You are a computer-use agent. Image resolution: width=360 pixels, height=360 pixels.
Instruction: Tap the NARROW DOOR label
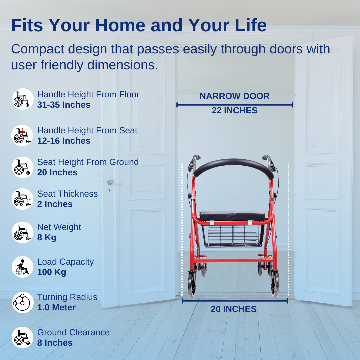point(234,96)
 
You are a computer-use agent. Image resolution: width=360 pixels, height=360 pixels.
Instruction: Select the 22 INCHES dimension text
point(234,110)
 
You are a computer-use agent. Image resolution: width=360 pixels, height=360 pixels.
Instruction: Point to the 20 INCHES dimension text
point(234,309)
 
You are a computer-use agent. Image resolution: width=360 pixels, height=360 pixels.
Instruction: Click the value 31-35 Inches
point(64,105)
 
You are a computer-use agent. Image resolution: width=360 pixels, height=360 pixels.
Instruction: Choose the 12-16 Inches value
point(64,141)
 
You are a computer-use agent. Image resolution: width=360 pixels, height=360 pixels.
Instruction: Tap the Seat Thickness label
point(67,194)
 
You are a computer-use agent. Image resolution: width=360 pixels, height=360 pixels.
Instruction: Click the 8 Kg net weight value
point(47,237)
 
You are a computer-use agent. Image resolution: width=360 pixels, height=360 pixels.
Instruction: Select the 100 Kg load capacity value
point(52,272)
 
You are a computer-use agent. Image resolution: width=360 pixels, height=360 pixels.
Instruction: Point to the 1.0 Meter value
point(56,307)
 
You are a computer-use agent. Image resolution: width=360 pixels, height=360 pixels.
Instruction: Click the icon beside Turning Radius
point(23,303)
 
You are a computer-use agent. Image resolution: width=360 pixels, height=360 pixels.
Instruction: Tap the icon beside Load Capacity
point(23,267)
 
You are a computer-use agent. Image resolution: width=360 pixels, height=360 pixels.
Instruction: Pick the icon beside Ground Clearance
point(23,337)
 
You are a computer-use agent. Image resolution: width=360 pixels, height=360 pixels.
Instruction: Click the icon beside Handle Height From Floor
point(23,99)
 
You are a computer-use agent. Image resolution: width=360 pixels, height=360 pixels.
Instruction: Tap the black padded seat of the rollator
point(232,216)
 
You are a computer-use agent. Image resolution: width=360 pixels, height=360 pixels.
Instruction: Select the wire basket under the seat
point(233,236)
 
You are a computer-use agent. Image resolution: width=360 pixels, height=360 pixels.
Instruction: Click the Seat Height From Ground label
point(88,162)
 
